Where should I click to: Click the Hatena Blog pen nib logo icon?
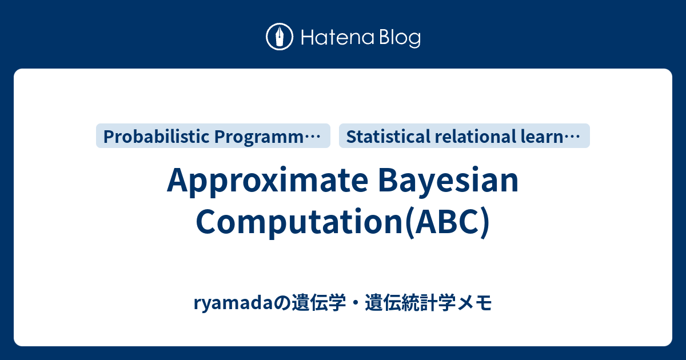(x=280, y=37)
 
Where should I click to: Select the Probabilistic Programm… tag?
(x=213, y=136)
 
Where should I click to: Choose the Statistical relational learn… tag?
(x=464, y=136)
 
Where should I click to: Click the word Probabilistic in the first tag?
(x=155, y=136)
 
